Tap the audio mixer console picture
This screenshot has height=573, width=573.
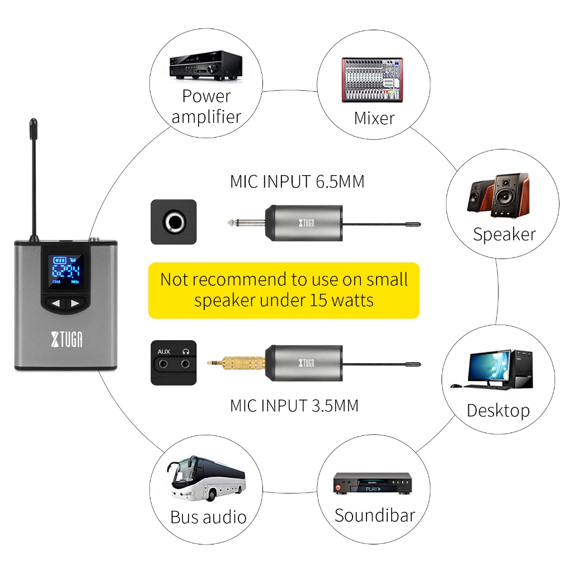coord(372,79)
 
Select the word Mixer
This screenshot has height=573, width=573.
coord(374,118)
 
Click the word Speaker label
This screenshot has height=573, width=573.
coord(504,234)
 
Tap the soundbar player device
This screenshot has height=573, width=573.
coord(372,483)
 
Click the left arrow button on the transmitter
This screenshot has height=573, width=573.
coord(55,303)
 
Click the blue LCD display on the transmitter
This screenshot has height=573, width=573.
coord(66,271)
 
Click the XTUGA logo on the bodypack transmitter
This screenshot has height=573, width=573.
coord(67,339)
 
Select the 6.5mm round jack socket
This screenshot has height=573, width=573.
coord(174,222)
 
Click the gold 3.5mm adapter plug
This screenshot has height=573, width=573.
coord(236,363)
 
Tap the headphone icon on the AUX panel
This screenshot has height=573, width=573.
coord(186,351)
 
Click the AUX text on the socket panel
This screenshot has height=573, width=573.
coord(164,351)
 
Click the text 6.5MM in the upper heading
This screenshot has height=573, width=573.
coord(340,182)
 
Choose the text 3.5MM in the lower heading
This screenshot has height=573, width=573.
coord(335,406)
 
